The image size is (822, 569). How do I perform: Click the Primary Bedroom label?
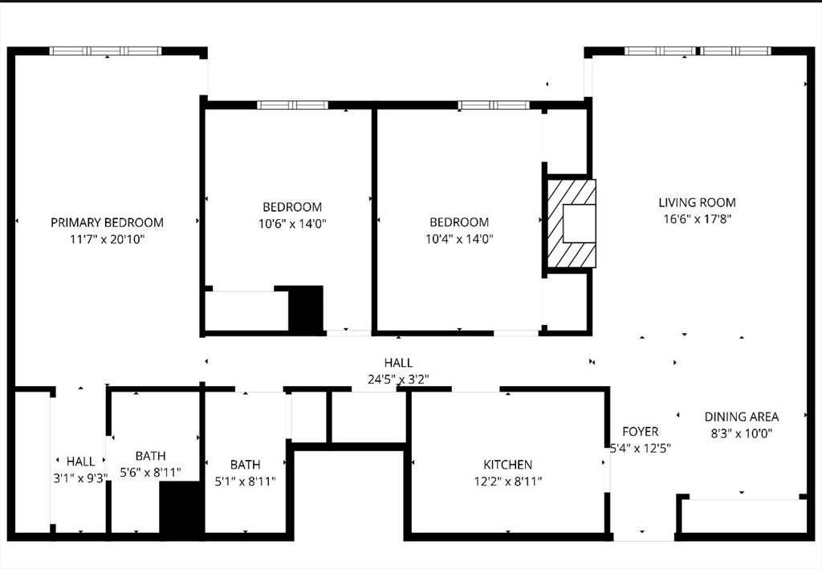click(x=107, y=222)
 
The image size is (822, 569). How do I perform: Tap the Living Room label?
click(x=697, y=203)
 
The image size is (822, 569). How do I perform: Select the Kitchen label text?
click(x=507, y=465)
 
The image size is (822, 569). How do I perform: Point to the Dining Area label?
click(x=741, y=417)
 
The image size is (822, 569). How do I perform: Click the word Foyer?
click(x=640, y=432)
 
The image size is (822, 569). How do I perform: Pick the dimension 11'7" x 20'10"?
click(x=107, y=239)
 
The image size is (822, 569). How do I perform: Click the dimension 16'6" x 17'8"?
click(x=697, y=218)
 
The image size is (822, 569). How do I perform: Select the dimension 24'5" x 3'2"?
click(x=398, y=380)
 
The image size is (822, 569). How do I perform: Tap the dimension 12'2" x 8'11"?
click(x=507, y=482)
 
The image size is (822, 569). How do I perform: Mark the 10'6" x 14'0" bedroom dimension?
click(x=292, y=223)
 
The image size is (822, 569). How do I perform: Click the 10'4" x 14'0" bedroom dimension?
click(x=458, y=238)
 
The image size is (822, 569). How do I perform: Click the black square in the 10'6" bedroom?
click(x=305, y=308)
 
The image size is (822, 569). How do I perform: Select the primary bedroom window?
click(x=105, y=51)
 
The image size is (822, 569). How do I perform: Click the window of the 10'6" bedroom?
click(x=292, y=104)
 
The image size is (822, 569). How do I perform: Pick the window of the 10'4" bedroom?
click(x=494, y=104)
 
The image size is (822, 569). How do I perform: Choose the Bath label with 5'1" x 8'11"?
click(x=245, y=465)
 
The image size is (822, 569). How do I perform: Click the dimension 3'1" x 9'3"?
click(x=80, y=478)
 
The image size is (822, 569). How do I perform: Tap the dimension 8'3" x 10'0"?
click(x=741, y=433)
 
